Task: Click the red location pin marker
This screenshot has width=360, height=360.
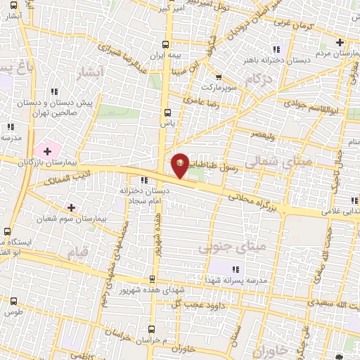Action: coord(181,166)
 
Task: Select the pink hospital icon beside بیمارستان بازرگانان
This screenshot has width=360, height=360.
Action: coord(48,150)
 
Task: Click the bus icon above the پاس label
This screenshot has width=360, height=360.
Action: coord(167,112)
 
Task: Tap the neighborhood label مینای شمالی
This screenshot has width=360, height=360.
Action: coord(279,162)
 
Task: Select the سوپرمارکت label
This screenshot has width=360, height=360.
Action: coord(219,88)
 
